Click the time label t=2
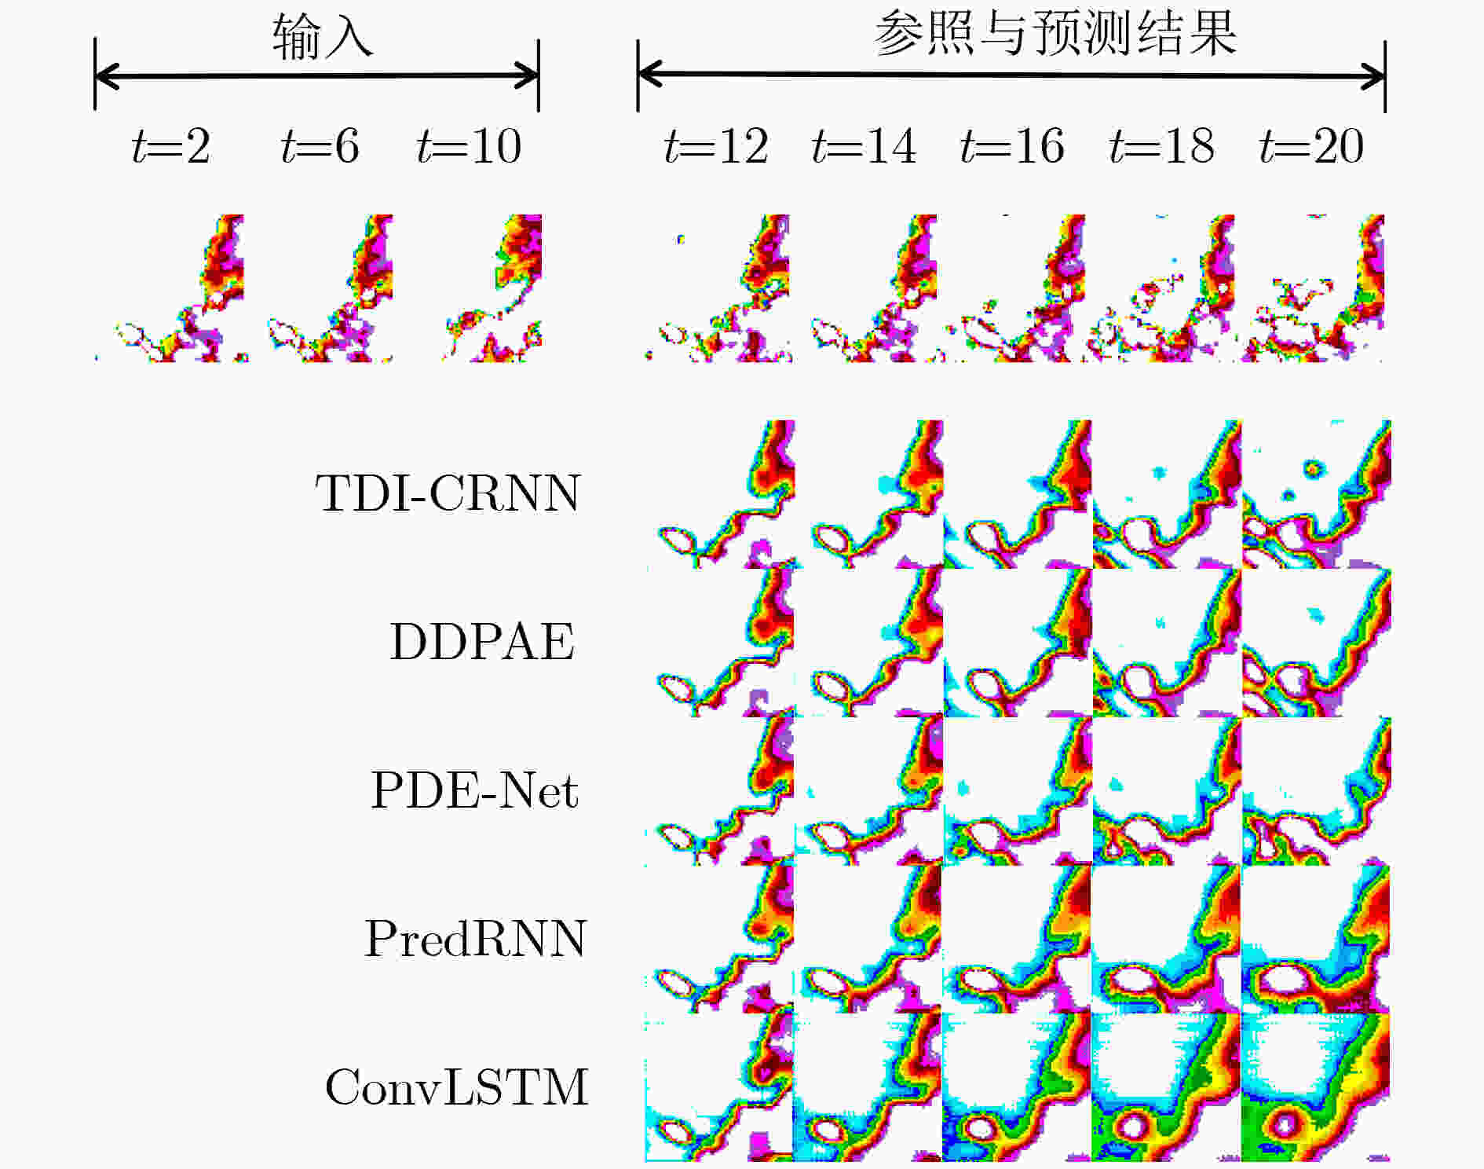click(171, 146)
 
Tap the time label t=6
click(320, 146)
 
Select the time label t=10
click(469, 146)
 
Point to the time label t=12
click(715, 146)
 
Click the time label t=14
click(864, 146)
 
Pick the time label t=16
click(1012, 146)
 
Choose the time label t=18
click(1161, 146)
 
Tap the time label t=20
click(1310, 146)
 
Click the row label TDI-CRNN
click(448, 493)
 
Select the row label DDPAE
click(482, 642)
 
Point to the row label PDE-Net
click(474, 790)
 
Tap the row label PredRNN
click(475, 938)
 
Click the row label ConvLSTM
click(456, 1087)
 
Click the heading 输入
click(323, 38)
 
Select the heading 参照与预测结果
click(1055, 35)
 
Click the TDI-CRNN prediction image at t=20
click(1316, 494)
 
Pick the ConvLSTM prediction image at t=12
click(719, 1087)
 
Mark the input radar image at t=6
click(330, 288)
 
